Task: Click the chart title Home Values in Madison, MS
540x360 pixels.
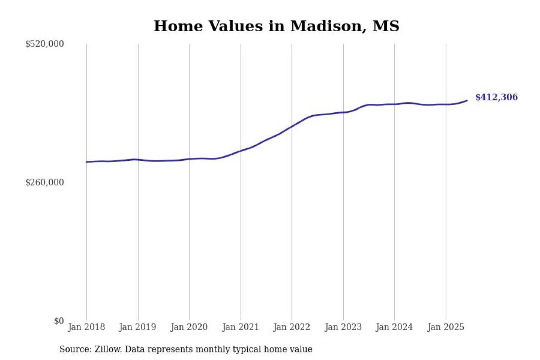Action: pos(276,26)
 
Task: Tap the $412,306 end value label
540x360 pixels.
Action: pos(496,97)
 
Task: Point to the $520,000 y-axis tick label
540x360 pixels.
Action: pos(44,44)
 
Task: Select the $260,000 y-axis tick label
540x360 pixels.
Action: pos(44,182)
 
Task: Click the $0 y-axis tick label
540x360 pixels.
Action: pos(59,321)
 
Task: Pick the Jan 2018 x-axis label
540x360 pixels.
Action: pos(86,327)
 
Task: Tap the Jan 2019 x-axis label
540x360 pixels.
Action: pos(138,327)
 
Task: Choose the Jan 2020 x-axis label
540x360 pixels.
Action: pos(189,327)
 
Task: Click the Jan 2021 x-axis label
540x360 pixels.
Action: pos(240,327)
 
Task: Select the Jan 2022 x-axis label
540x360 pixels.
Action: pos(292,327)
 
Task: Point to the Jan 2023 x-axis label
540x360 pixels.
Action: pos(343,327)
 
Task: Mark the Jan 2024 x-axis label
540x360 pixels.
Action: pos(394,327)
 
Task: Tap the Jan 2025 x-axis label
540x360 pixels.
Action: pos(446,327)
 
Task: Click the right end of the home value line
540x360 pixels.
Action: pos(467,100)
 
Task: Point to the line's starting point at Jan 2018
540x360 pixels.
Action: pos(86,162)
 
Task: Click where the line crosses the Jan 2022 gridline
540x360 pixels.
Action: pos(292,126)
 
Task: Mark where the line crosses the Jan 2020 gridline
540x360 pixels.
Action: pos(189,159)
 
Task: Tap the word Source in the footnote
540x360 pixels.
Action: pos(73,349)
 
